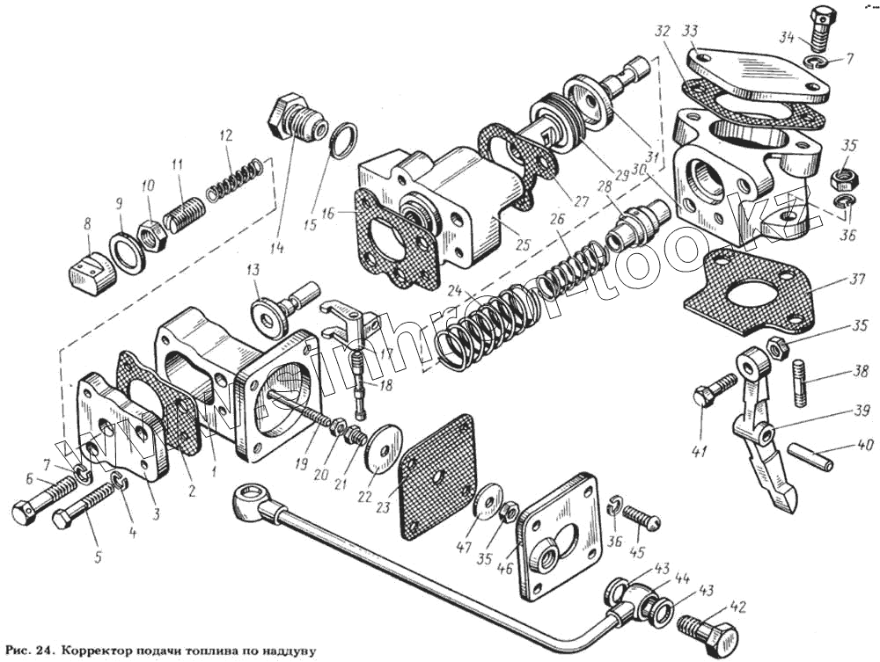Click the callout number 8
tap(87, 225)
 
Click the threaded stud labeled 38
tap(801, 383)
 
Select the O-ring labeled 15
tap(345, 139)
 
